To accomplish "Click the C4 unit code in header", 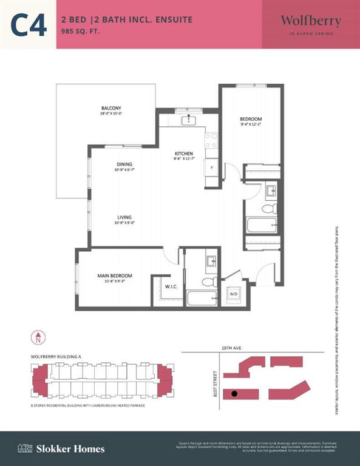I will coord(29,25).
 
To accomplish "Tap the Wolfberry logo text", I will coord(310,21).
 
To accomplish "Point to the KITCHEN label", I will coord(184,154).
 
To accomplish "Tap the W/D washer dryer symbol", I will coord(233,294).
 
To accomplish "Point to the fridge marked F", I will coord(211,167).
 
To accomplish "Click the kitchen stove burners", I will coord(211,141).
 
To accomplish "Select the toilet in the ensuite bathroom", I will coord(209,282).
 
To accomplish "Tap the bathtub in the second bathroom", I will coord(261,226).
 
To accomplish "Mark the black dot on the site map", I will coord(233,394).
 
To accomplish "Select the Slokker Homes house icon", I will coord(25,448).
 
